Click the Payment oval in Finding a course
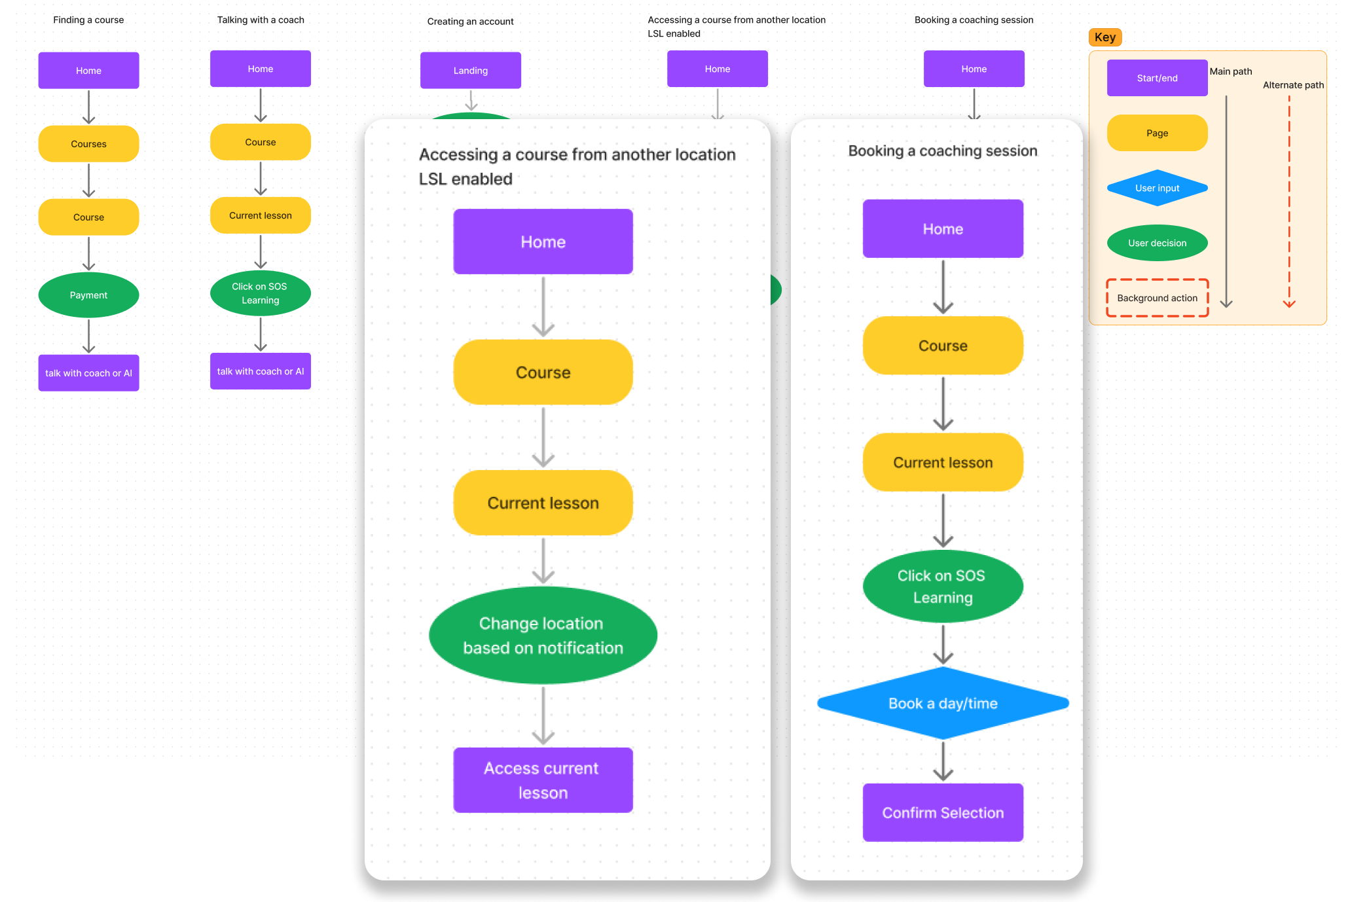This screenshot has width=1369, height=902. coord(88,295)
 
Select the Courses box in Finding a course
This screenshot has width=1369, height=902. coord(88,144)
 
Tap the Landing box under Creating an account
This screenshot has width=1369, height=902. coord(470,71)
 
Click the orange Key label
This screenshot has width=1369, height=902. coord(1104,37)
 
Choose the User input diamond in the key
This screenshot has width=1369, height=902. coord(1157,188)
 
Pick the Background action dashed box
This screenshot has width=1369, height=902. coord(1157,298)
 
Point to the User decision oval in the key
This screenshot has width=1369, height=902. coord(1157,243)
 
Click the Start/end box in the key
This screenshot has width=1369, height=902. coord(1157,78)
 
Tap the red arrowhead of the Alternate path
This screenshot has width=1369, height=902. coord(1288,303)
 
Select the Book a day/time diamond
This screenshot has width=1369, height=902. coord(943,704)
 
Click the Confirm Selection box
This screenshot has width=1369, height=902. coord(943,812)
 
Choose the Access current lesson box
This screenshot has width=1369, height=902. coord(543,780)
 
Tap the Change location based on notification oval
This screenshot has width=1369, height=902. coord(543,636)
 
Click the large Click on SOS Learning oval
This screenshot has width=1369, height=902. coord(943,586)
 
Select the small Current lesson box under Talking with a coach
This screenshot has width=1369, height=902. coord(260,215)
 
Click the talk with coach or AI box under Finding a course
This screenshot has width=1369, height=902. coord(88,373)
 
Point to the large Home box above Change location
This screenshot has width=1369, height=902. coord(543,242)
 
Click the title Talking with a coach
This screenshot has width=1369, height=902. coord(261,20)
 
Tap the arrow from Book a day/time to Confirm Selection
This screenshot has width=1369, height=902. coord(943,761)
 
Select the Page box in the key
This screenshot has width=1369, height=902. coord(1157,133)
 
